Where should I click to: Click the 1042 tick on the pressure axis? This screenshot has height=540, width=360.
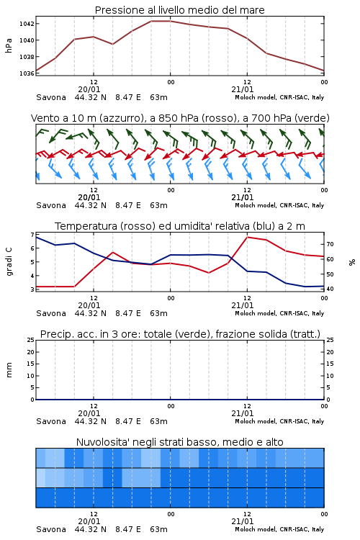[x=27, y=24]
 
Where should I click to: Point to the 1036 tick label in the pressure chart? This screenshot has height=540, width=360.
[x=27, y=73]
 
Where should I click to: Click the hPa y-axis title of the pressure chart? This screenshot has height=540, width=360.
[x=9, y=45]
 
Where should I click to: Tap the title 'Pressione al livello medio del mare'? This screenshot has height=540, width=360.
[x=180, y=10]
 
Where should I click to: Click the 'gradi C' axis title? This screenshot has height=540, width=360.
[x=9, y=262]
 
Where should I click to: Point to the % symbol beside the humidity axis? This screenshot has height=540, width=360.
[x=352, y=262]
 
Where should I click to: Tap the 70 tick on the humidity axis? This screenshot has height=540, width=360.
[x=330, y=244]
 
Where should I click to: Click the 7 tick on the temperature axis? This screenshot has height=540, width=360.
[x=32, y=235]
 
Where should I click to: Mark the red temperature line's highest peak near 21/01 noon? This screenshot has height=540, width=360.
[x=248, y=237]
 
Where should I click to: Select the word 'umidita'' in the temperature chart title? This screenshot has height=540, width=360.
[x=193, y=226]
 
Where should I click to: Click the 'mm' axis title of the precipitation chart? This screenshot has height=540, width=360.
[x=9, y=370]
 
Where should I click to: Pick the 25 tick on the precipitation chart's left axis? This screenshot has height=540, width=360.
[x=31, y=340]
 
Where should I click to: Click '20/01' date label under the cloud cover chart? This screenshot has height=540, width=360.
[x=89, y=521]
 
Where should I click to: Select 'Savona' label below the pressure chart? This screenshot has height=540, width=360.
[x=51, y=97]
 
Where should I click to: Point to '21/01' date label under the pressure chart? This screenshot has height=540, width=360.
[x=243, y=89]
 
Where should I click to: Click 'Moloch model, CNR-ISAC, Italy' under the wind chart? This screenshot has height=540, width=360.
[x=279, y=206]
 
